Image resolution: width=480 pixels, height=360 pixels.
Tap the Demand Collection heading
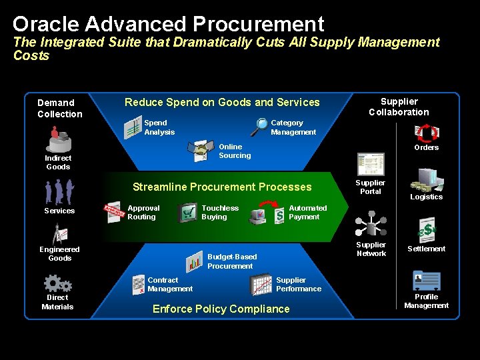coord(60,108)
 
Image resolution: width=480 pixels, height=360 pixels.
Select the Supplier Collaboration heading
coord(399,107)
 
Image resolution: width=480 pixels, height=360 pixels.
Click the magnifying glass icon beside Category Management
coord(259,125)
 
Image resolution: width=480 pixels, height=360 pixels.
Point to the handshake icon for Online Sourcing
coord(201,151)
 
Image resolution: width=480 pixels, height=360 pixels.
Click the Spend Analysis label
coord(159,127)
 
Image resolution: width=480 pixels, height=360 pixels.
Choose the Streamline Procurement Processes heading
coord(222,187)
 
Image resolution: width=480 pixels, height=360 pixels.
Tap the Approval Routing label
coord(143,213)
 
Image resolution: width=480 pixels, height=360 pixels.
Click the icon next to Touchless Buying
coord(187,213)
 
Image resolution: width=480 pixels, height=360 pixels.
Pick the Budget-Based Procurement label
coord(231,261)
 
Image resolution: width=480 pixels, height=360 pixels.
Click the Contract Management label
coord(170,285)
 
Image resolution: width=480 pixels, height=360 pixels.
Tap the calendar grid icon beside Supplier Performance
coord(261,285)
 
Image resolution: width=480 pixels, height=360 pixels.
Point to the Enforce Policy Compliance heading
coord(221,309)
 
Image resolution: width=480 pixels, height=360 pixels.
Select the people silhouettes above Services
coord(59,193)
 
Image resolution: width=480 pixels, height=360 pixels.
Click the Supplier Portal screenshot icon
coord(371,164)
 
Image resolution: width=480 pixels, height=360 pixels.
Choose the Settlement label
coord(427,249)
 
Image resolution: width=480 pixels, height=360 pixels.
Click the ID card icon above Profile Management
coord(426,280)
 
